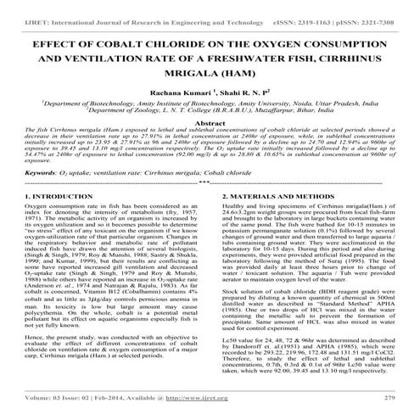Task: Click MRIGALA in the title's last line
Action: click(176, 76)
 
